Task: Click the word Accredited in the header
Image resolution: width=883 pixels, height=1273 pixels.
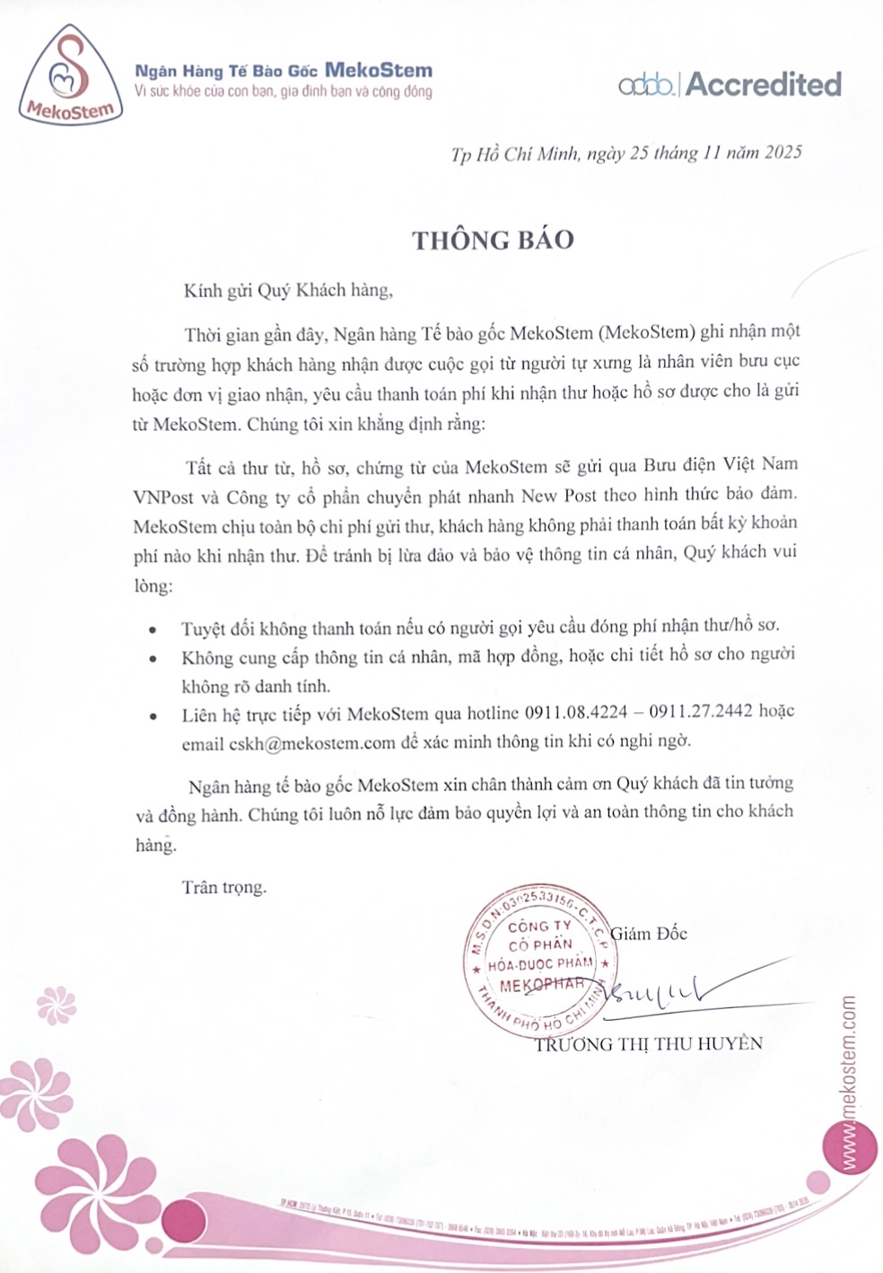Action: pyautogui.click(x=764, y=84)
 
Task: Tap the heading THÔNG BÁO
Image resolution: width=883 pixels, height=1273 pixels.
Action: pyautogui.click(x=493, y=240)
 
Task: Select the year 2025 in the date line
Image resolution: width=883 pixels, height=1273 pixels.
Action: pyautogui.click(x=782, y=152)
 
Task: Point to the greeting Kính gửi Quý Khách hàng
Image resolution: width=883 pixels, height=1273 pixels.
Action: pyautogui.click(x=288, y=290)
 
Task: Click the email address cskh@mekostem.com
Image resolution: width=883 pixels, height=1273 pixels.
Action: pyautogui.click(x=312, y=742)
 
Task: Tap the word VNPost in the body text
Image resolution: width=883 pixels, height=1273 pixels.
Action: pyautogui.click(x=163, y=495)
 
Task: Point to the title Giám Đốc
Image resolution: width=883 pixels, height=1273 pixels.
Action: pyautogui.click(x=649, y=933)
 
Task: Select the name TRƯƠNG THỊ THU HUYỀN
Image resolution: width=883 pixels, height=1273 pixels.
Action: pyautogui.click(x=648, y=1043)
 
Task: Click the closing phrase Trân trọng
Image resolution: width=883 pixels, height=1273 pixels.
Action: pyautogui.click(x=224, y=887)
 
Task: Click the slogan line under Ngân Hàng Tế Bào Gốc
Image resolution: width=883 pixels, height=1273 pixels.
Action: pyautogui.click(x=283, y=92)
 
